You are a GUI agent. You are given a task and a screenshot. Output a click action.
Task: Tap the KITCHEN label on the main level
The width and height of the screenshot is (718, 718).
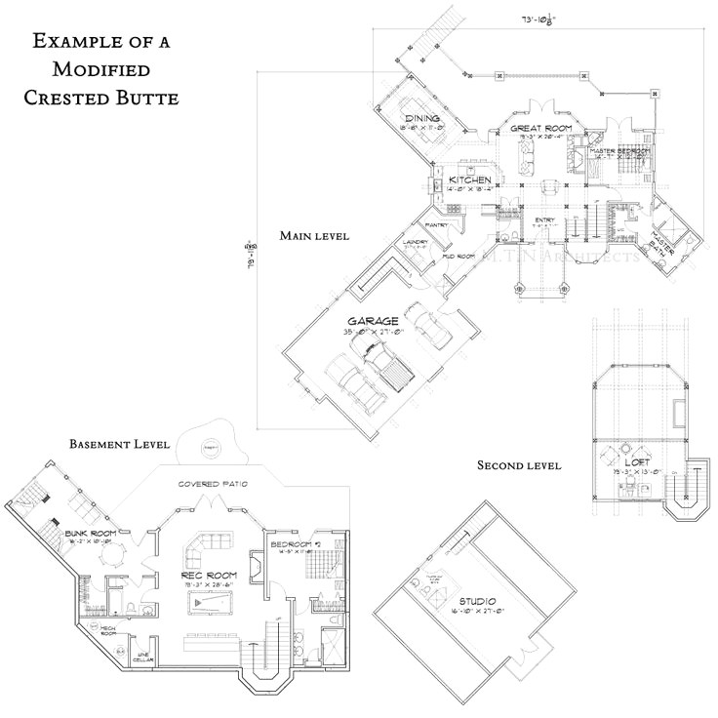(x=468, y=180)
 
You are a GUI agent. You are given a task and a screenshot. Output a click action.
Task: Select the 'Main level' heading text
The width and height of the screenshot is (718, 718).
(x=314, y=236)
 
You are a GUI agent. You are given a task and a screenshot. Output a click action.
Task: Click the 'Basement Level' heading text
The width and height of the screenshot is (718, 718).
(x=119, y=444)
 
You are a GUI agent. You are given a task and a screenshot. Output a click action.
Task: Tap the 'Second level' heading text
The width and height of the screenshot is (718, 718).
(x=518, y=466)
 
